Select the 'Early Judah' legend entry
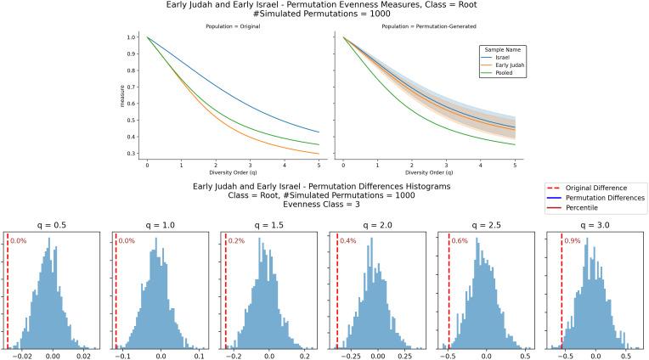[506, 66]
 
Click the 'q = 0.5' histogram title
[49, 225]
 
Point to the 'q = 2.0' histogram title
[375, 225]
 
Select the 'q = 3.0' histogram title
[591, 225]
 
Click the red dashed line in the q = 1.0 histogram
[116, 289]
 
